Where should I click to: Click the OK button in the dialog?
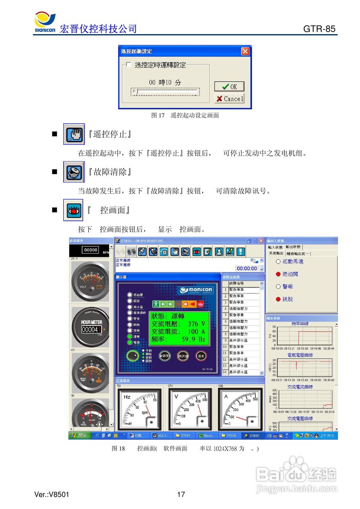[229, 87]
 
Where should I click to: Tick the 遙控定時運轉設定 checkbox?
[128, 64]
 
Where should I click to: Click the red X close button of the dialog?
[245, 51]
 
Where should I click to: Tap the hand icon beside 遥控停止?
[74, 134]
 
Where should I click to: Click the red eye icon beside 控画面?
[74, 210]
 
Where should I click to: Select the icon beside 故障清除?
[74, 172]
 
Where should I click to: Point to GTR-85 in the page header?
[319, 29]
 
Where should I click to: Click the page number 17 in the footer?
[181, 495]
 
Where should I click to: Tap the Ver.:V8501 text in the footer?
[52, 495]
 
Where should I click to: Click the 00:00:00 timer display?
[247, 268]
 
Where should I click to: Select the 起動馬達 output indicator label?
[293, 262]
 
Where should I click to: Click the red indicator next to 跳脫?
[278, 299]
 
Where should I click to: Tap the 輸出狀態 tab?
[293, 247]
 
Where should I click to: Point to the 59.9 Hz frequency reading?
[193, 340]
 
